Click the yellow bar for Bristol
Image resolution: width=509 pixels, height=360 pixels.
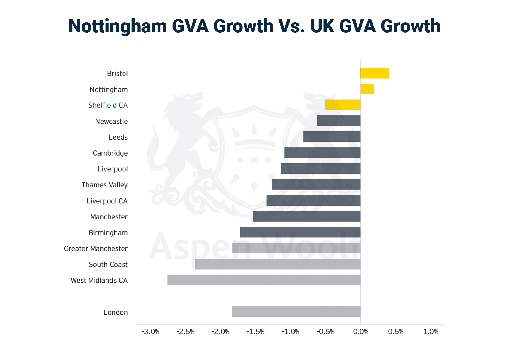375,73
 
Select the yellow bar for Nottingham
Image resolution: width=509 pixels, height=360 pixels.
368,89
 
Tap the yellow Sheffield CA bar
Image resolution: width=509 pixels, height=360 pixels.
343,105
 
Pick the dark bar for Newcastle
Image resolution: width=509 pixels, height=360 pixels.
339,121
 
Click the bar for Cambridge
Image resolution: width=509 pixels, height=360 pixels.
322,153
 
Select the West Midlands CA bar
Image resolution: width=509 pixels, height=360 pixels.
264,280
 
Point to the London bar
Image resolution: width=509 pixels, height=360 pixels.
296,312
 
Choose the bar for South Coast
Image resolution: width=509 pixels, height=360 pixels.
278,264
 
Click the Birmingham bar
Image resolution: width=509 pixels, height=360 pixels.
300,232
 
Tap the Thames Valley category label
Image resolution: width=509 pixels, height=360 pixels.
104,185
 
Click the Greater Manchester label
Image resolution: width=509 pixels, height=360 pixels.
96,249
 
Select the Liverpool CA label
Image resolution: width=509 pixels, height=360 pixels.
107,201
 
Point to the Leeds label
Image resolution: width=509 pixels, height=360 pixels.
118,137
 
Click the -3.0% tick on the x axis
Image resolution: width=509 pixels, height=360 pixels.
151,332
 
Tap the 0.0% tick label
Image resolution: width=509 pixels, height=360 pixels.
361,332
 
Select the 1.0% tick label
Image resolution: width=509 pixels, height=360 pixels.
431,332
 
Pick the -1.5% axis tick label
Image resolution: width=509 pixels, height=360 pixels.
256,332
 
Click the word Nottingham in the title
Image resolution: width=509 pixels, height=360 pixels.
118,26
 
